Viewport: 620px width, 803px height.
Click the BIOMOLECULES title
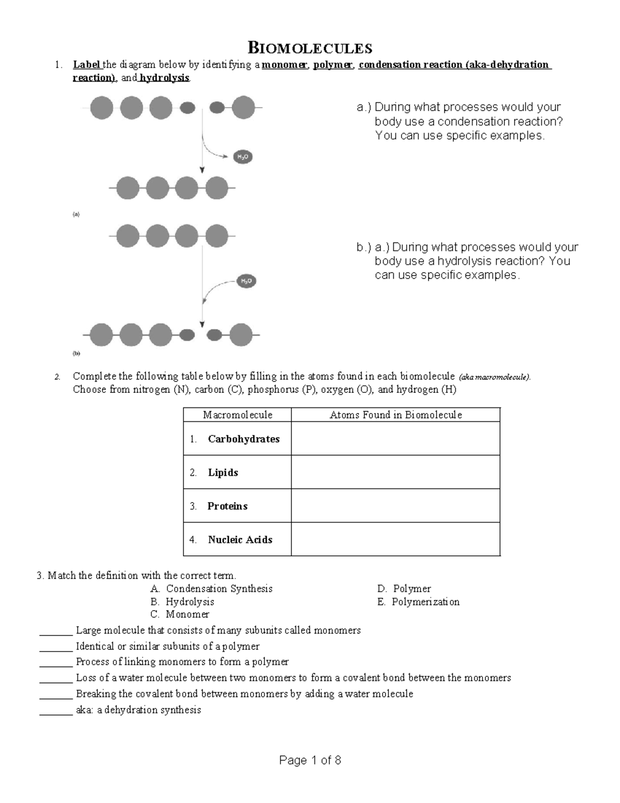[310, 49]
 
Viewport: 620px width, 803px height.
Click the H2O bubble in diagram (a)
[243, 157]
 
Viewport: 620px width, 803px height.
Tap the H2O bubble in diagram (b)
[246, 281]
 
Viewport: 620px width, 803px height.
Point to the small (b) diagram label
[76, 354]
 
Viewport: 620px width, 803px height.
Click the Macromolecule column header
[237, 415]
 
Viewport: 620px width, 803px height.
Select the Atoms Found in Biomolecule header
[395, 415]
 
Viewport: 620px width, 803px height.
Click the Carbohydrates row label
[243, 439]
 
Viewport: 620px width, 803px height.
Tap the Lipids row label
[223, 473]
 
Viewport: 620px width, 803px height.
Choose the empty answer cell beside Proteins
[395, 506]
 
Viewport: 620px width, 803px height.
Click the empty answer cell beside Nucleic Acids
[395, 539]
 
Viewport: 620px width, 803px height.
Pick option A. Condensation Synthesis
[211, 588]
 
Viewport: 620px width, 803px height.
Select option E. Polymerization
[418, 602]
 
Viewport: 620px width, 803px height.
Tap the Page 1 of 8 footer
[310, 760]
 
